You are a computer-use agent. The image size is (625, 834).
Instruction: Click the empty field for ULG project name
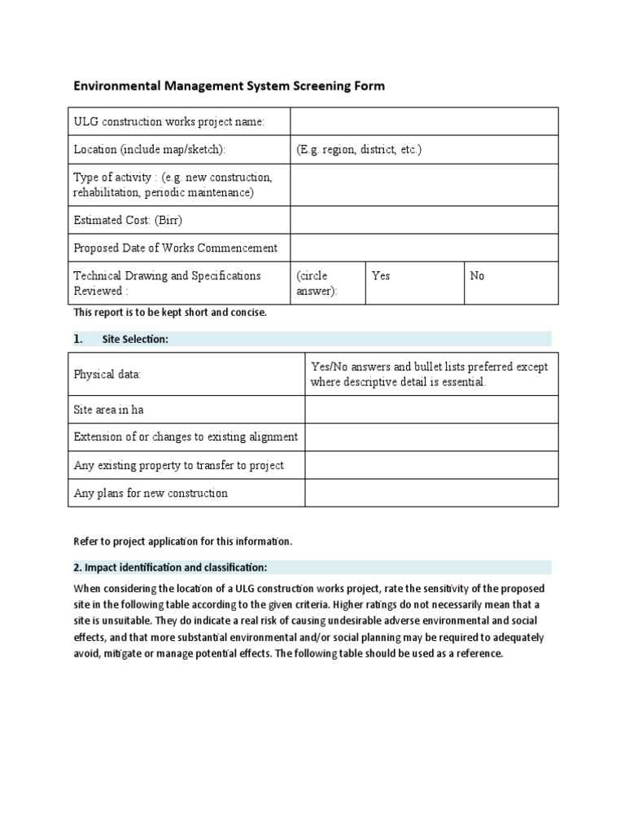(x=424, y=122)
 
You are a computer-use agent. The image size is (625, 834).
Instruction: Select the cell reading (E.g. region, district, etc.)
(x=359, y=150)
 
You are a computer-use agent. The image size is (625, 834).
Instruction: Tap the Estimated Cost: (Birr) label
(x=123, y=220)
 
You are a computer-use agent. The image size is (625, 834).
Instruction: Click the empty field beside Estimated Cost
(x=424, y=220)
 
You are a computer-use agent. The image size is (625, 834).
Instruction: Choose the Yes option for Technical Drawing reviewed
(x=381, y=276)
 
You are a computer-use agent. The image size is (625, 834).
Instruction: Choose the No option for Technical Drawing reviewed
(x=477, y=276)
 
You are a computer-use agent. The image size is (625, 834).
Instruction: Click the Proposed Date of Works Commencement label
(x=175, y=248)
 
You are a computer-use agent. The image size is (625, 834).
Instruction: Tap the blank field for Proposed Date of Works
(x=424, y=248)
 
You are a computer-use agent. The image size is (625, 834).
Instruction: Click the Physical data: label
(x=107, y=375)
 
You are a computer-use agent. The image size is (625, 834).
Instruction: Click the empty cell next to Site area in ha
(x=431, y=410)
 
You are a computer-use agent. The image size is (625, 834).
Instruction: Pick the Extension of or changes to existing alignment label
(x=186, y=437)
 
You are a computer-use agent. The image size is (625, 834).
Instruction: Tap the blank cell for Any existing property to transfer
(x=431, y=465)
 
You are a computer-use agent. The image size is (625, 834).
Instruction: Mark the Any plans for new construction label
(x=151, y=493)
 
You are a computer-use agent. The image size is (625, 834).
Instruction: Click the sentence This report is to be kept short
(x=170, y=312)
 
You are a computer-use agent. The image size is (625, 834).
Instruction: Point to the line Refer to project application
(x=182, y=542)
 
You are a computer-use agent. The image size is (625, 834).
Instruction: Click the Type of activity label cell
(x=173, y=185)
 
